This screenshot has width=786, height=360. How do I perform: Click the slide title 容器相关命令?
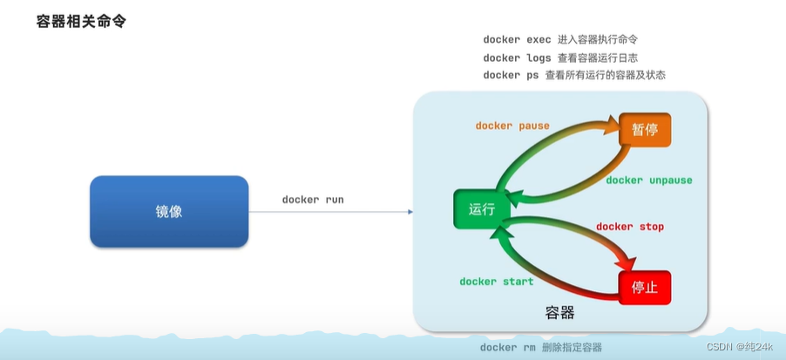click(x=82, y=21)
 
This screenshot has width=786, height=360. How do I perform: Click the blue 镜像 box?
click(x=169, y=211)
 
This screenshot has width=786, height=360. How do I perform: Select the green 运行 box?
click(x=481, y=209)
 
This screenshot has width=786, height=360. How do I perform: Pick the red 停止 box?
click(x=645, y=287)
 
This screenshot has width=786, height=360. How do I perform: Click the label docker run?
click(x=313, y=200)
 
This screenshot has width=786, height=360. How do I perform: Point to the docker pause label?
click(x=512, y=126)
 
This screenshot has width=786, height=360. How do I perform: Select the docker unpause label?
click(x=648, y=180)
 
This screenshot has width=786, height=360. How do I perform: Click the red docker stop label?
click(x=629, y=227)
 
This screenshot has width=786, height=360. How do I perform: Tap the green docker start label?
click(x=496, y=282)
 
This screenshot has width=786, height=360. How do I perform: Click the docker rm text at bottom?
click(x=508, y=348)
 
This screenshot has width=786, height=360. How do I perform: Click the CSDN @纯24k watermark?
click(x=739, y=346)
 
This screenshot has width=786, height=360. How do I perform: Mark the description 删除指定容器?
click(x=571, y=348)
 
